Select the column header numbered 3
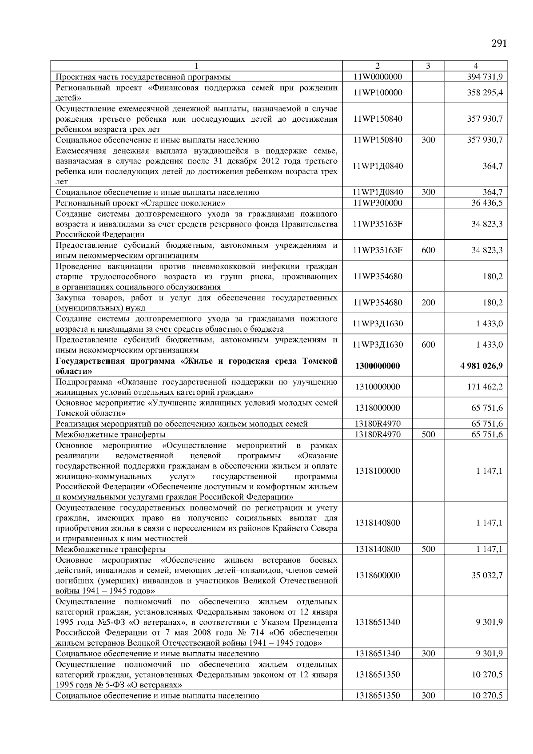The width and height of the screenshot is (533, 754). pyautogui.click(x=428, y=66)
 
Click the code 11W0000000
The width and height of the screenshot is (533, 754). pyautogui.click(x=378, y=77)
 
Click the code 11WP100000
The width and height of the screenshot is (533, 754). pyautogui.click(x=378, y=93)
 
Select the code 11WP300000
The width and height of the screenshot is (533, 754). pyautogui.click(x=378, y=203)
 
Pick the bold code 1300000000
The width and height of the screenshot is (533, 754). pyautogui.click(x=378, y=366)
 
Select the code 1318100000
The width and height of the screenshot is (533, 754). pyautogui.click(x=378, y=471)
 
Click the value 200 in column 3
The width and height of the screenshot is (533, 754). pyautogui.click(x=428, y=303)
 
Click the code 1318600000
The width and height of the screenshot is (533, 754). pyautogui.click(x=378, y=575)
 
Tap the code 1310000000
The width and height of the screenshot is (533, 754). pyautogui.click(x=378, y=387)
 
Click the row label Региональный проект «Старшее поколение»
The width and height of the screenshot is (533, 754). pyautogui.click(x=140, y=203)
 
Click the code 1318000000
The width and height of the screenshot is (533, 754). pyautogui.click(x=378, y=408)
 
